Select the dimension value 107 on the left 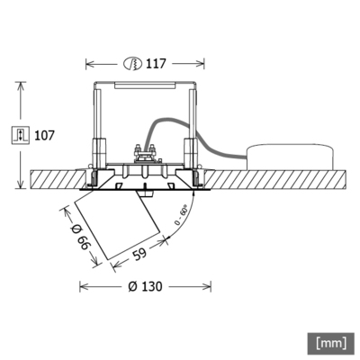pos(44,135)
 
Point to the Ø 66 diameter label pos(76,235)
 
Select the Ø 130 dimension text pos(145,287)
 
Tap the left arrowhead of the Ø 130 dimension pos(83,288)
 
